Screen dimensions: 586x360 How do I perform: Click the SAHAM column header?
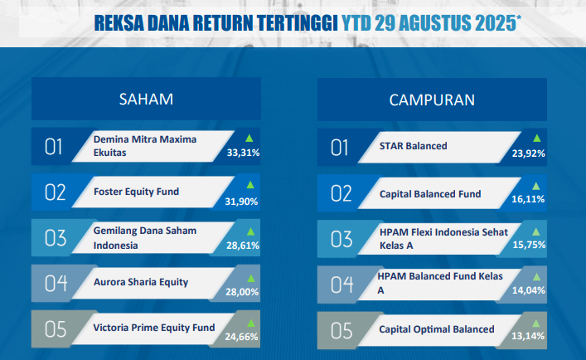click(146, 99)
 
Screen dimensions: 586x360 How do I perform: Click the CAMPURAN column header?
click(432, 100)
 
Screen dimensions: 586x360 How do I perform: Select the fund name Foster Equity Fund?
click(137, 192)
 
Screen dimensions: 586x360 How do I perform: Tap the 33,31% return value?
click(243, 153)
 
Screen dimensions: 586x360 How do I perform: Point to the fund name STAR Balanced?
click(413, 146)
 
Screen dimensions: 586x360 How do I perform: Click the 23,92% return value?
click(529, 153)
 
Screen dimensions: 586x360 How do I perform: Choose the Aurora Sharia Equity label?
click(141, 282)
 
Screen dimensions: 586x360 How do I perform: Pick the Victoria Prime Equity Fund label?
click(154, 328)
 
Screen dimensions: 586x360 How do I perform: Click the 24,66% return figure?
click(241, 337)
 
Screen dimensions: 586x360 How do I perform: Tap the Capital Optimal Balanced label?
click(437, 329)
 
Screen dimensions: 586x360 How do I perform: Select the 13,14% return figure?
click(528, 336)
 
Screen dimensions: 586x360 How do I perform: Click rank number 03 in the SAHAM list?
click(56, 238)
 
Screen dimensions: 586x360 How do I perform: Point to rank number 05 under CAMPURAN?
click(341, 331)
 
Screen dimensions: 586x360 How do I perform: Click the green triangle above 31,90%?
click(250, 185)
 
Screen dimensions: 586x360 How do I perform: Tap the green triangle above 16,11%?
click(536, 186)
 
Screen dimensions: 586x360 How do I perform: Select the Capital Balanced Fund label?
click(430, 194)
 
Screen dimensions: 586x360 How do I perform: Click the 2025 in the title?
click(496, 23)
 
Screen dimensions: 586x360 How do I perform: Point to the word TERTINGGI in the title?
click(298, 23)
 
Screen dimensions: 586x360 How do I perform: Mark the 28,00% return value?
click(242, 292)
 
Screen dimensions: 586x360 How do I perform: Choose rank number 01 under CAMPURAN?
click(339, 148)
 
